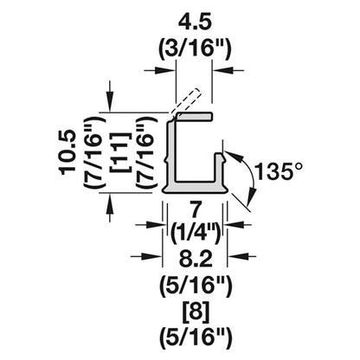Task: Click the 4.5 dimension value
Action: pos(195,23)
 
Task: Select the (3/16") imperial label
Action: pos(195,49)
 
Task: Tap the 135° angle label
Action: pos(279,171)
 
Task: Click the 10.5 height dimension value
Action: pos(68,153)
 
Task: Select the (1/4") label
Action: pos(196,232)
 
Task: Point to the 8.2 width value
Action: pos(196,259)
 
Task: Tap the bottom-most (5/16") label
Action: pos(196,337)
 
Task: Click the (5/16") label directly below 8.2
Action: pos(196,286)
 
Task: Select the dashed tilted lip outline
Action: pos(185,101)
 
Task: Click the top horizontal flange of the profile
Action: pos(194,116)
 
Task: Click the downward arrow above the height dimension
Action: pos(110,96)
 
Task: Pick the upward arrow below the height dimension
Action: pos(110,208)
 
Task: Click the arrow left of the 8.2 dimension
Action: pos(146,256)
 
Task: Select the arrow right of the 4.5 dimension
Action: pos(228,70)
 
